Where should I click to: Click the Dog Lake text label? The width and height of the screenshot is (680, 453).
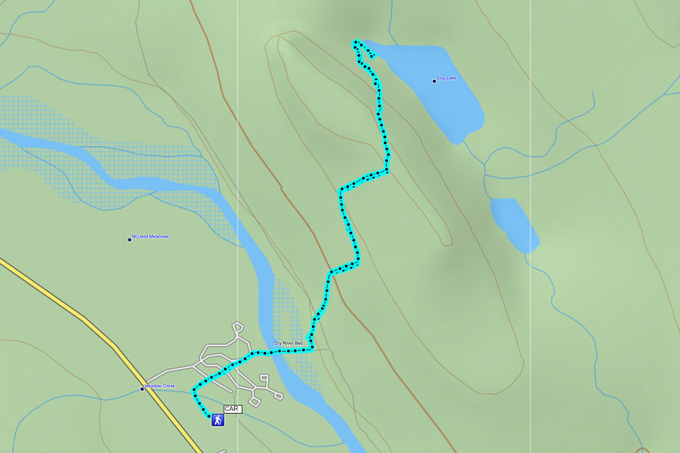447,78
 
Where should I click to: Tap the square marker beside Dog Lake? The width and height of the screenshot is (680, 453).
434,81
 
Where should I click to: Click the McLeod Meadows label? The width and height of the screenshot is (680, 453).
150,236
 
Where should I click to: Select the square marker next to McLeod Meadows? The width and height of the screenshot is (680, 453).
129,239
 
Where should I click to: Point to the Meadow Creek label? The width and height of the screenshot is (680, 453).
160,386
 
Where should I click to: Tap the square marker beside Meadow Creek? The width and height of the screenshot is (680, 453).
142,389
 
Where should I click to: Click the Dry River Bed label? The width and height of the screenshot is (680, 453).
288,344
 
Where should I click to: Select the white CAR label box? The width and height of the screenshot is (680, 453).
232,408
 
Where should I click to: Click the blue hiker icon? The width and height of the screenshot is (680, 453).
218,420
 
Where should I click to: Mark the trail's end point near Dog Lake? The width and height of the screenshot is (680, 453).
373,55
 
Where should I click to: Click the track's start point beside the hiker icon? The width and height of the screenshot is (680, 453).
209,414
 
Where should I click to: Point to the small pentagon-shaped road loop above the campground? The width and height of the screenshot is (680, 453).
238,327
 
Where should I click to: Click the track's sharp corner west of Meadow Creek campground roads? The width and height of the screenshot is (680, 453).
194,391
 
